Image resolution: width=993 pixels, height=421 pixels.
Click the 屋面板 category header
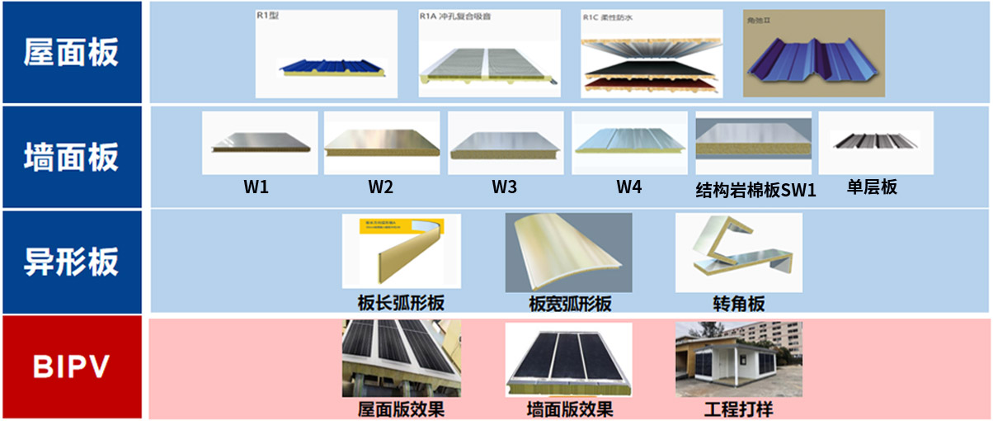click(72, 52)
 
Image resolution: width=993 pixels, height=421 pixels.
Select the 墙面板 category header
click(72, 157)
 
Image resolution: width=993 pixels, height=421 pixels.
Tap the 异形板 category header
click(72, 262)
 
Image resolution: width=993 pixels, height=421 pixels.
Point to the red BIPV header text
click(72, 367)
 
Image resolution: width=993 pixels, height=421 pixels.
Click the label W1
click(256, 187)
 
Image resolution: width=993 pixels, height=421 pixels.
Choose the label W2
click(380, 187)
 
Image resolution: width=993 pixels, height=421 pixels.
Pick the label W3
click(505, 187)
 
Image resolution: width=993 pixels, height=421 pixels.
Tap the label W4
click(628, 187)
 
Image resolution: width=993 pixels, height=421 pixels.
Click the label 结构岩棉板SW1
click(755, 191)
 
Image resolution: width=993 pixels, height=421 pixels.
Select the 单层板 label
click(872, 187)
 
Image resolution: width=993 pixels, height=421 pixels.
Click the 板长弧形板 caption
click(401, 303)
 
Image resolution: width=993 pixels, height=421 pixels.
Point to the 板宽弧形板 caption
click(570, 304)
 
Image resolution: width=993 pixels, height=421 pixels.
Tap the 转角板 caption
click(739, 304)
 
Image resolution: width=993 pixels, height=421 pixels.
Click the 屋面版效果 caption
click(401, 409)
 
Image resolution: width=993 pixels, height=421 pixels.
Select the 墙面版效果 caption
click(570, 409)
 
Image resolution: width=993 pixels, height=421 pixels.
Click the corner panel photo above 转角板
click(738, 253)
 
